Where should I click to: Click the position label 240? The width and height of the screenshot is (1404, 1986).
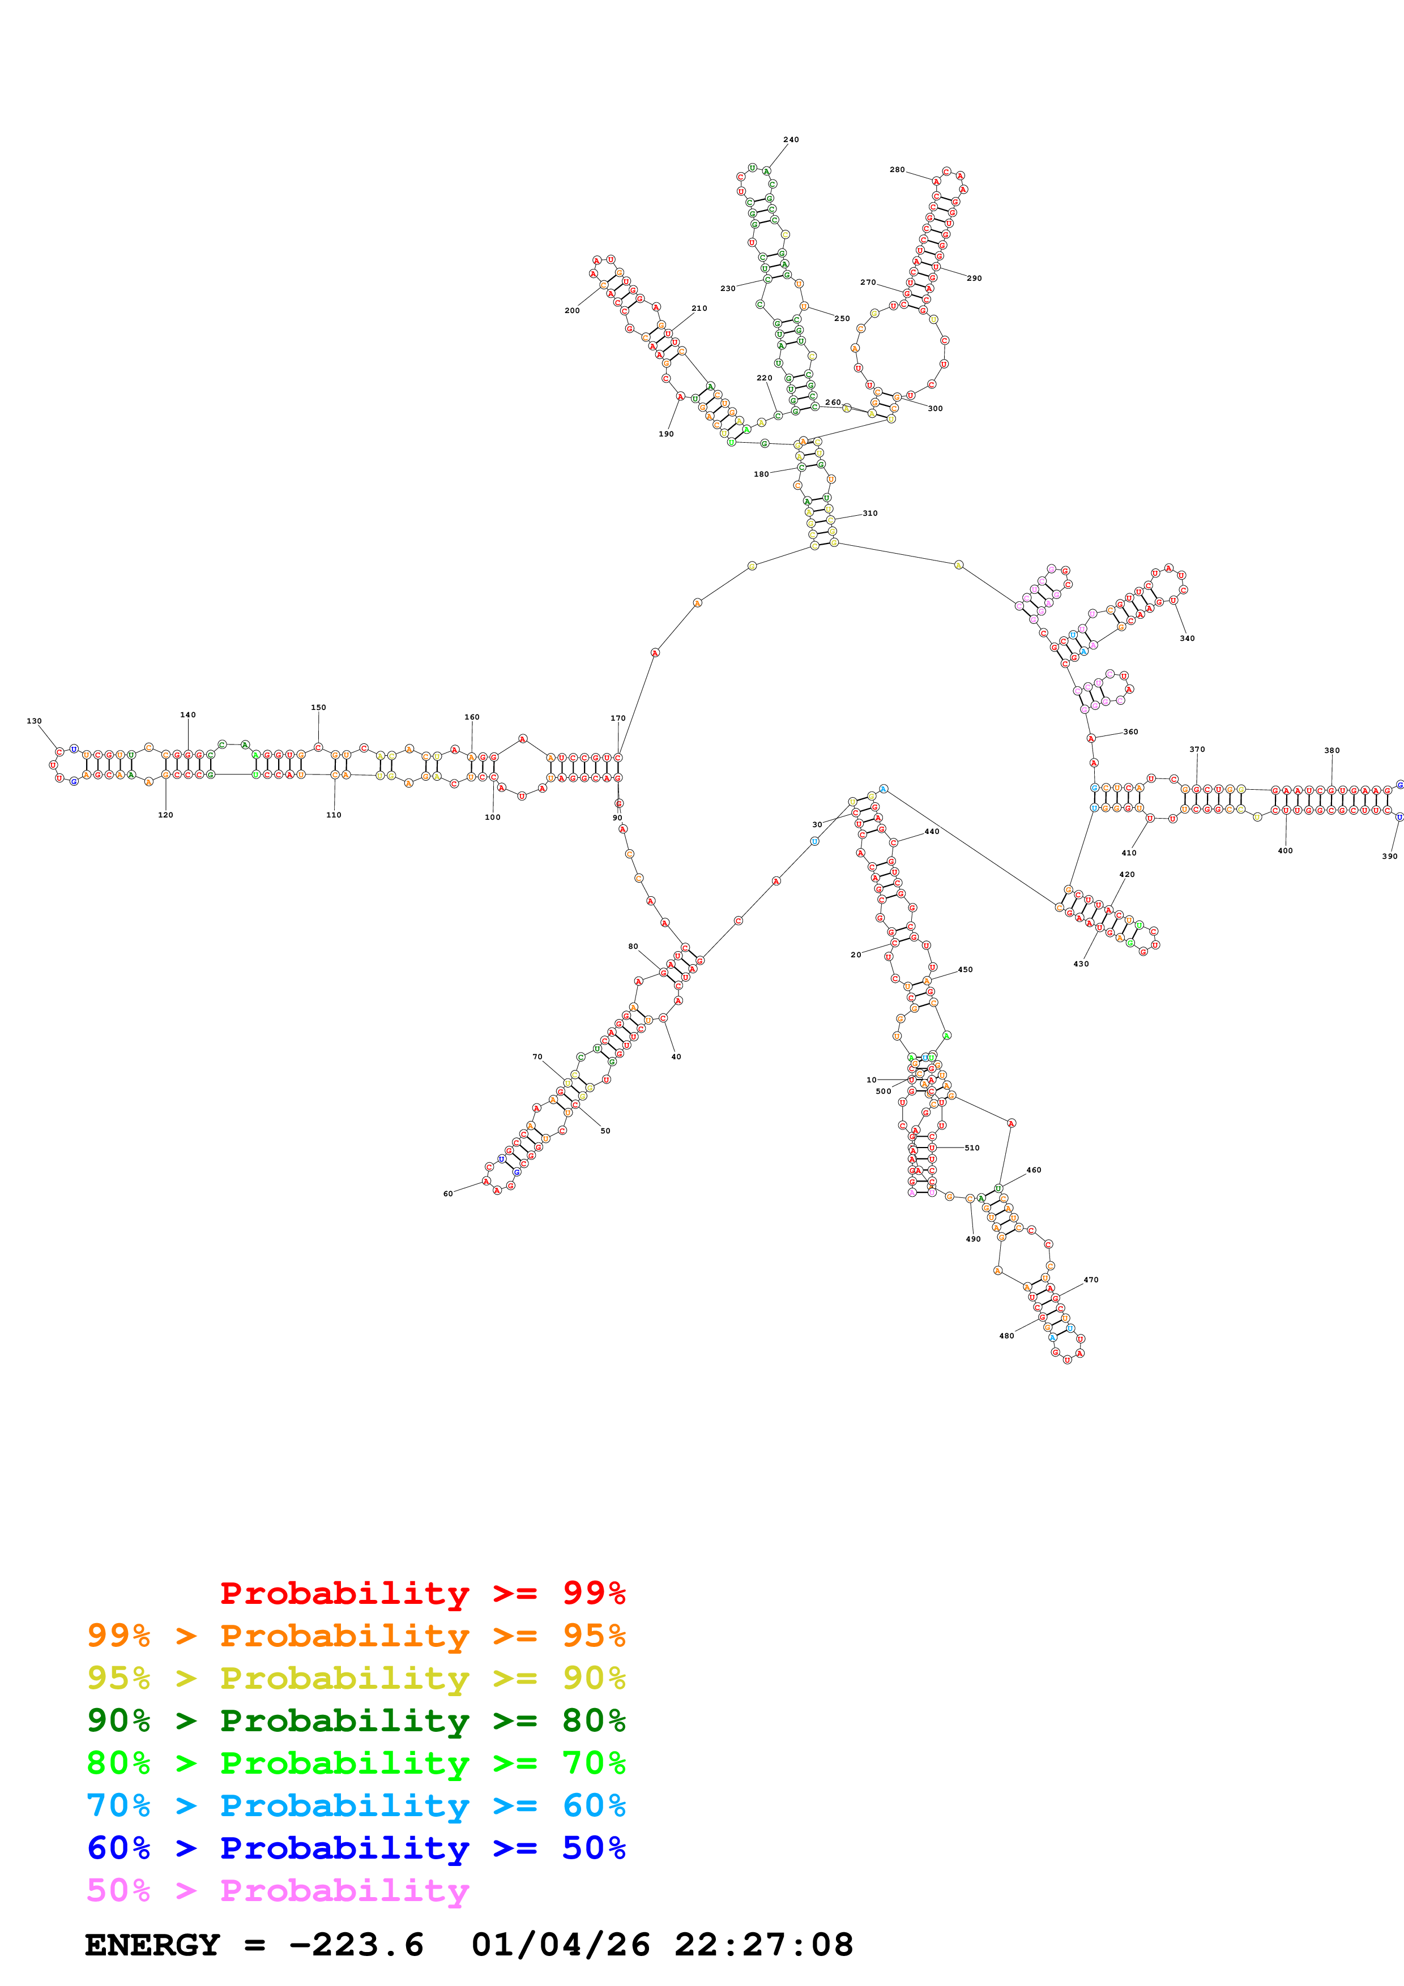[x=791, y=139]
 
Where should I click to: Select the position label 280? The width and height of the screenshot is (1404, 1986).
[x=897, y=169]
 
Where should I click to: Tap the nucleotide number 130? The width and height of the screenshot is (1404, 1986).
[x=34, y=721]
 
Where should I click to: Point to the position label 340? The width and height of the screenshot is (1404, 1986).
[x=1187, y=639]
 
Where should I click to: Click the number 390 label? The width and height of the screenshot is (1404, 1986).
[x=1389, y=857]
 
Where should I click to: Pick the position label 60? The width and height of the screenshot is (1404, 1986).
[x=448, y=1193]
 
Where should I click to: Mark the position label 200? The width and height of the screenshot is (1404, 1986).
[x=572, y=311]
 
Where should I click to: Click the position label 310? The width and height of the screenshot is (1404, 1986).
[x=870, y=513]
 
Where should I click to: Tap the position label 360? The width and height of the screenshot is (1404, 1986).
[x=1130, y=732]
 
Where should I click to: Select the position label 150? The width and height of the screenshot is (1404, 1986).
[x=318, y=708]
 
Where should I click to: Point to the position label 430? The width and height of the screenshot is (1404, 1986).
[x=1081, y=964]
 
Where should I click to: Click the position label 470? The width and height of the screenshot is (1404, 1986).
[x=1091, y=1279]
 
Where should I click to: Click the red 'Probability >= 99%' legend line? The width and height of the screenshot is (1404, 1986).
[x=422, y=1593]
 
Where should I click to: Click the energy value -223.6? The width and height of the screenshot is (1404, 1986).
[x=356, y=1945]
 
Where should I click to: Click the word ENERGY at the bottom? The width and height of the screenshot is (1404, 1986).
[x=152, y=1945]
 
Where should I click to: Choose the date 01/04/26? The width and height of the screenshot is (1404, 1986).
[x=561, y=1945]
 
